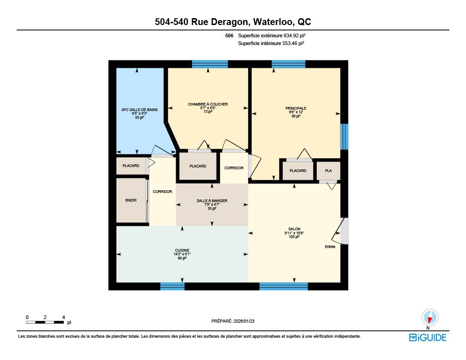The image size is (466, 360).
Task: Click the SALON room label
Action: (294, 229)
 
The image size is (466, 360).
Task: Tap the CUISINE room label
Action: (182, 250)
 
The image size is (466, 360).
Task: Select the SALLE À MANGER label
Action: (212, 201)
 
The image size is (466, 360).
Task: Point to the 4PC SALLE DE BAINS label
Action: (139, 110)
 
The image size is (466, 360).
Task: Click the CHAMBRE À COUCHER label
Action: (208, 104)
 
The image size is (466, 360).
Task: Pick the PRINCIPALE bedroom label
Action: (296, 108)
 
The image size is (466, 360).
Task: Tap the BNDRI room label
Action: (131, 200)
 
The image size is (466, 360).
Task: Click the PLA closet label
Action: (329, 171)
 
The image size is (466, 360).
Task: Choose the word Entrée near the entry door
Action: (330, 247)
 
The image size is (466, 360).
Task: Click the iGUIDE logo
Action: (428, 337)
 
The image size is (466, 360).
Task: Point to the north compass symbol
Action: (430, 318)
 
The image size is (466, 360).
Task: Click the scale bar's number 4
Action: (63, 317)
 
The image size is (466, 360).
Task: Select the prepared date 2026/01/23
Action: (244, 321)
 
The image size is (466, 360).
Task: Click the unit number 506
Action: (229, 35)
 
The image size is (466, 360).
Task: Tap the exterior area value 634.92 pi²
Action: (294, 35)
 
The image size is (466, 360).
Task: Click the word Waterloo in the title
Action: (273, 22)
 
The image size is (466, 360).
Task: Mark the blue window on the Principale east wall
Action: (344, 137)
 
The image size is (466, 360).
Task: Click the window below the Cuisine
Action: (172, 286)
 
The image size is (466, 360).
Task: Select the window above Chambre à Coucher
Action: (210, 64)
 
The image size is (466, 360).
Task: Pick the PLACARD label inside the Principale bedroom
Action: (298, 171)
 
